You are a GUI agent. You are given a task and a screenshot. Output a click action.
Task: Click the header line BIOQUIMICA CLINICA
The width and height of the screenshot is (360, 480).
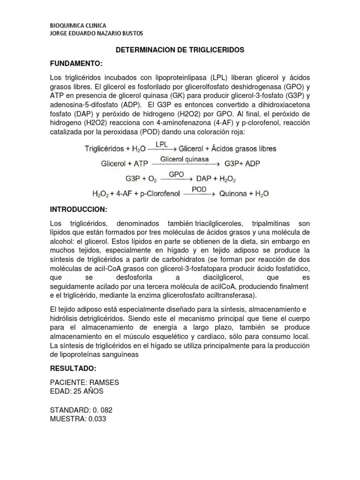78,25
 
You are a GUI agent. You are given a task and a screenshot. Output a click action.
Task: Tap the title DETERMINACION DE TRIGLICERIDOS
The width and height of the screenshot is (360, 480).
180,50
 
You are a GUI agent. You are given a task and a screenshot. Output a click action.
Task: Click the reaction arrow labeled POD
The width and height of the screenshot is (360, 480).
199,193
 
